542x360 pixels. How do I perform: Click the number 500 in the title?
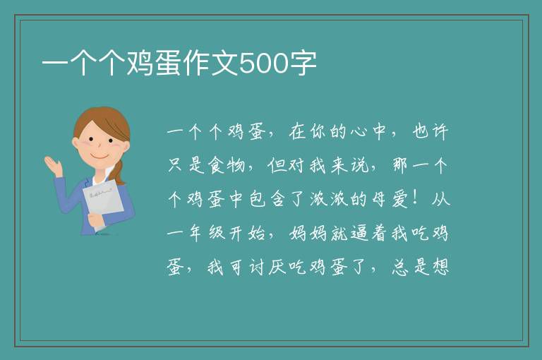[264, 64]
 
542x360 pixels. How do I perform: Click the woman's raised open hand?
[53, 166]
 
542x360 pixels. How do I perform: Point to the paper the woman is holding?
[103, 200]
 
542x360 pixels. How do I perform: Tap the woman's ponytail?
[119, 172]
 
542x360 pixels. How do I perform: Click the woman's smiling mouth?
[100, 157]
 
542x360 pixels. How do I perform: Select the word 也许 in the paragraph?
[430, 131]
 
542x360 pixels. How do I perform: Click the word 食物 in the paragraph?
[227, 165]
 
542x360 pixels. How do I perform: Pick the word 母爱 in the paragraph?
[390, 199]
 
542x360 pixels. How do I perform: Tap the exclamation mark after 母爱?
[419, 199]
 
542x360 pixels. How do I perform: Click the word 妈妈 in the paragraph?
[308, 233]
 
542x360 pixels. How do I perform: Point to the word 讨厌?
[267, 267]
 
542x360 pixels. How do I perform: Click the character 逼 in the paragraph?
[359, 233]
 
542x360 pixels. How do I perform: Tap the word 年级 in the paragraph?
[207, 233]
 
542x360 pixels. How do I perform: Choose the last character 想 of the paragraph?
[440, 267]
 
